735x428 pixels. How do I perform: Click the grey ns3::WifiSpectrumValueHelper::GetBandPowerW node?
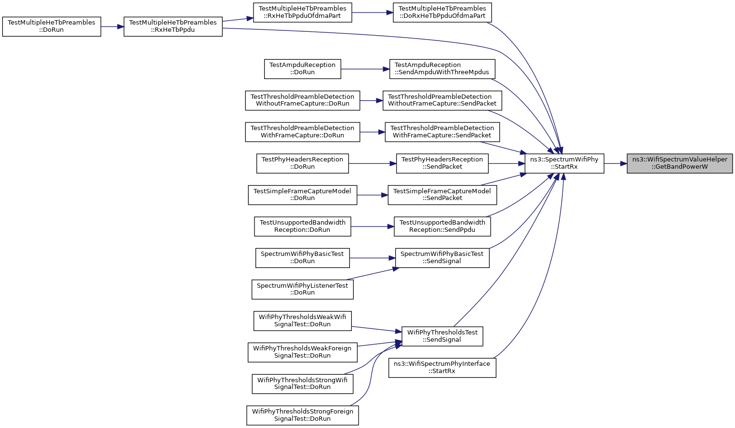(680, 163)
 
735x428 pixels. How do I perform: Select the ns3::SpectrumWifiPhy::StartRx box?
(564, 163)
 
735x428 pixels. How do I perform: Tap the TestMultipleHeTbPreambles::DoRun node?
(52, 27)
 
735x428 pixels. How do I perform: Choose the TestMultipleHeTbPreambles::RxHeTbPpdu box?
(173, 27)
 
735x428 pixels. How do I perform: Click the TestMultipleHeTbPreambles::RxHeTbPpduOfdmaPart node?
(303, 13)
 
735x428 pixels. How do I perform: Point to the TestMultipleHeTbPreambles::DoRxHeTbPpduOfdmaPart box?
(442, 13)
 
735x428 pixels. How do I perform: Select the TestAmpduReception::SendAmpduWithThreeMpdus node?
(442, 69)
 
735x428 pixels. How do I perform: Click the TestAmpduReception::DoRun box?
(303, 69)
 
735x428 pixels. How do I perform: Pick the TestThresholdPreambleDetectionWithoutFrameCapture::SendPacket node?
(442, 100)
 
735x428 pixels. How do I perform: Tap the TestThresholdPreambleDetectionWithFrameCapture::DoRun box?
(303, 132)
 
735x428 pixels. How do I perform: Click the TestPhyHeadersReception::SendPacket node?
(442, 163)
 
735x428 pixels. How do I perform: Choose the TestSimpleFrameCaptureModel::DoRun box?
(303, 195)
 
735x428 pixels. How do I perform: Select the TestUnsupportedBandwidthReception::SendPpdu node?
(442, 227)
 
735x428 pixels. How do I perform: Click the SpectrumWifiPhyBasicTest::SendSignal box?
(442, 258)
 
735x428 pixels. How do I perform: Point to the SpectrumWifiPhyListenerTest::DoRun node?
(303, 290)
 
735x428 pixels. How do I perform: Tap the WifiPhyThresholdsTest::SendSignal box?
(442, 336)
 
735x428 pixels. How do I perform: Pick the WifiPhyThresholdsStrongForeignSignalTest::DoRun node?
(303, 415)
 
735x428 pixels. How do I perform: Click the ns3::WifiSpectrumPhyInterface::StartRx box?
(442, 368)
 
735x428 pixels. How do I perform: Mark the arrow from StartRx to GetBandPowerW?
(615, 163)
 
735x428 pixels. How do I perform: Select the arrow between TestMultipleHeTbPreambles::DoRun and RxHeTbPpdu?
(112, 27)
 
